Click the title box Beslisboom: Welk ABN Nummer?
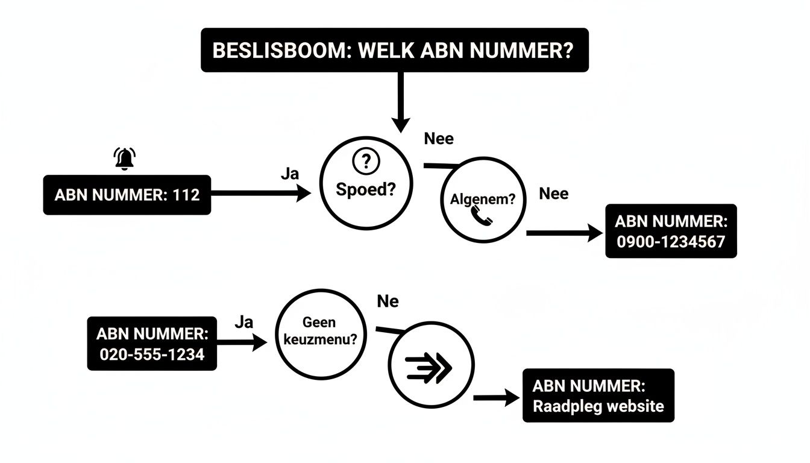(x=394, y=50)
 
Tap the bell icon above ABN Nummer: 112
(x=125, y=159)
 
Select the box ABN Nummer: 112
(x=127, y=195)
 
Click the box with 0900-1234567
(x=671, y=231)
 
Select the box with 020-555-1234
(x=152, y=343)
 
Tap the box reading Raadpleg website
(x=598, y=395)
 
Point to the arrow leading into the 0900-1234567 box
(x=564, y=233)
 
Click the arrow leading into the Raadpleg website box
(x=497, y=397)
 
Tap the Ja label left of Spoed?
(x=290, y=174)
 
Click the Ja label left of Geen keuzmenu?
(x=243, y=322)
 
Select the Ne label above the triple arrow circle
(x=388, y=301)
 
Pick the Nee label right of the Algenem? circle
(x=553, y=194)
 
